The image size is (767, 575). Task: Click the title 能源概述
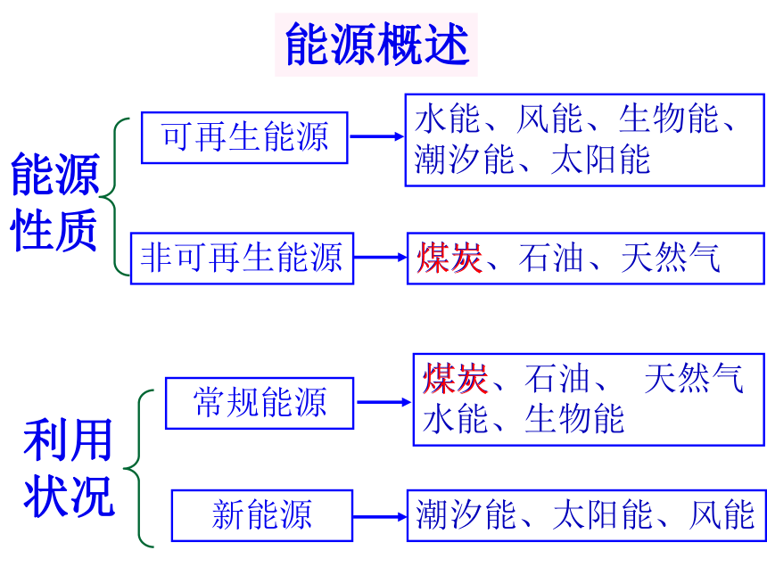coord(377,44)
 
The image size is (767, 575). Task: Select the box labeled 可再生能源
coord(244,137)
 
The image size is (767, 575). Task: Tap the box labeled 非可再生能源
coord(242,259)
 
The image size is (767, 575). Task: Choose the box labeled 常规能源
coord(260,403)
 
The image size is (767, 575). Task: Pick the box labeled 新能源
coord(262,515)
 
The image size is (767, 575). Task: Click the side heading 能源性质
coord(54,202)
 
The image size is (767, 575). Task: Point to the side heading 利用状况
coord(69,468)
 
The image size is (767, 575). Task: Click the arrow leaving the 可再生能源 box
coord(376,136)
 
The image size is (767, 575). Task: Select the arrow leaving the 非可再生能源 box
coord(381,257)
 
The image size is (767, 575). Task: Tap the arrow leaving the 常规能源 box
coord(384,402)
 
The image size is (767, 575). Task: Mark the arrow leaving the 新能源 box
coord(380,516)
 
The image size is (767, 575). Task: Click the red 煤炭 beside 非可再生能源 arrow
coord(449,258)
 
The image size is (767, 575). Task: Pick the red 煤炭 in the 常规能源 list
coord(455,379)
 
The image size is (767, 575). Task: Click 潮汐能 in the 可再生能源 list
coord(464,160)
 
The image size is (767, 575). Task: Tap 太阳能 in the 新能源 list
coord(603,514)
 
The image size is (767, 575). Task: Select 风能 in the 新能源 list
coord(722,514)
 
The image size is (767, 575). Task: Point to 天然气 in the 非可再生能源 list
coord(671,258)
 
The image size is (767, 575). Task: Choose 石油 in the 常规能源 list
coord(557,379)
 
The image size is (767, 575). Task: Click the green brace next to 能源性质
coord(114,197)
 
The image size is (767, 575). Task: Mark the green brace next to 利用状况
coord(139,468)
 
